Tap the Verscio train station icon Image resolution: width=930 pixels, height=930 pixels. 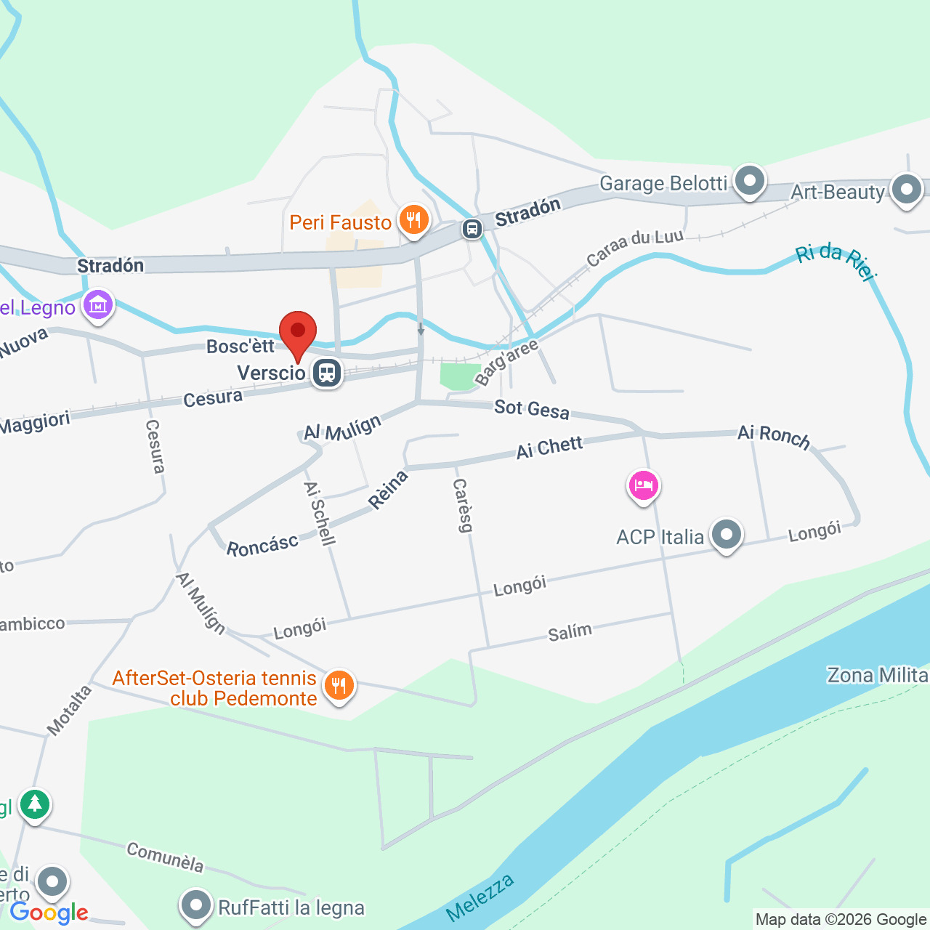click(x=327, y=373)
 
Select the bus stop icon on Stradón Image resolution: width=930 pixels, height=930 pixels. click(x=472, y=230)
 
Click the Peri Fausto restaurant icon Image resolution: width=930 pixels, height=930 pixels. click(x=413, y=219)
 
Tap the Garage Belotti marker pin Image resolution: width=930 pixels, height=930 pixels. click(x=750, y=180)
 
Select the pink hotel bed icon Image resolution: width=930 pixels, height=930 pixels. click(x=643, y=485)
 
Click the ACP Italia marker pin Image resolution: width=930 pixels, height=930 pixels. click(x=726, y=535)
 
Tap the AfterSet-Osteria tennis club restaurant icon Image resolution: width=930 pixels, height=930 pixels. click(x=338, y=684)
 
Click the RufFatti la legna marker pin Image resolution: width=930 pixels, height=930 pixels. click(x=196, y=905)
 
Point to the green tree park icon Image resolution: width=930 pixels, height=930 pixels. click(x=34, y=804)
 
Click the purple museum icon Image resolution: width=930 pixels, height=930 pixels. click(x=98, y=304)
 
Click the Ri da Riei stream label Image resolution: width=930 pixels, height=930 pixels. click(x=836, y=262)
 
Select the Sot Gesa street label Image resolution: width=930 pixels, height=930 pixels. click(x=532, y=409)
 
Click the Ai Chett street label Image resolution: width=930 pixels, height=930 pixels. click(x=549, y=448)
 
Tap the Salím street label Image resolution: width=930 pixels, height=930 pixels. click(x=570, y=632)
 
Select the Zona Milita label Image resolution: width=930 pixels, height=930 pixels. click(x=877, y=676)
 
